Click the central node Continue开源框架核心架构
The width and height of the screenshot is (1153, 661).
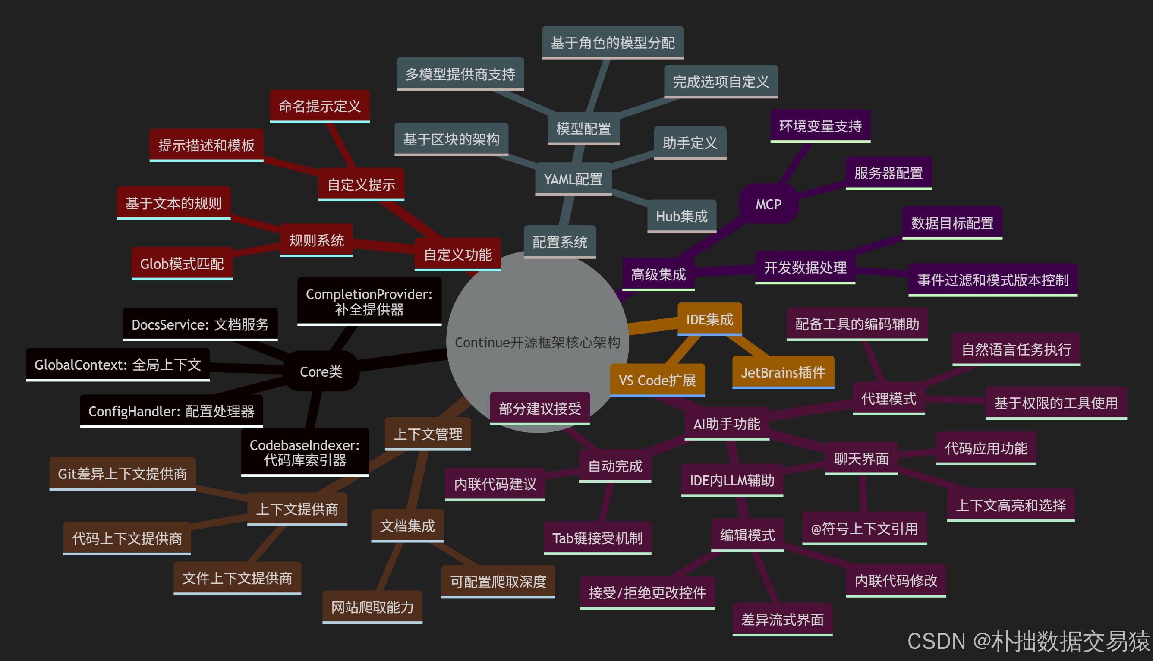click(x=538, y=342)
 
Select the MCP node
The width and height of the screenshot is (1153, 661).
click(x=768, y=204)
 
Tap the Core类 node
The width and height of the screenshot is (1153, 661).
click(x=321, y=371)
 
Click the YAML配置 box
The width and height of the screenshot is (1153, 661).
click(x=573, y=179)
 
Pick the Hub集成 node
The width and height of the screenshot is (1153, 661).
click(x=681, y=216)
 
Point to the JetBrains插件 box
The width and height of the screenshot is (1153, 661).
click(x=783, y=372)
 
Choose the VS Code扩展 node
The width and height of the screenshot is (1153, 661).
click(x=657, y=380)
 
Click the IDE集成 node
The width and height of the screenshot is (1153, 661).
click(x=709, y=319)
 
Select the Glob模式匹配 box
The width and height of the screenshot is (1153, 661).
click(x=182, y=263)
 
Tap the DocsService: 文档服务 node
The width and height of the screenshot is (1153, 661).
click(x=200, y=324)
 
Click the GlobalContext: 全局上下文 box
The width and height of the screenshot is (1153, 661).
click(x=117, y=364)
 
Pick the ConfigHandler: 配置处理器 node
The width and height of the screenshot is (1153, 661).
click(x=171, y=411)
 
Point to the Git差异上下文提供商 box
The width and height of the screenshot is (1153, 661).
click(x=122, y=473)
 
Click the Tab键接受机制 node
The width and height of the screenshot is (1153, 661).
click(x=597, y=538)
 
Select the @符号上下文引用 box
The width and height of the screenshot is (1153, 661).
click(x=864, y=529)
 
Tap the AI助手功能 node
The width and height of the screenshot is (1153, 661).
click(x=726, y=424)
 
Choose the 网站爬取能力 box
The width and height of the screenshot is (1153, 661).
click(x=372, y=607)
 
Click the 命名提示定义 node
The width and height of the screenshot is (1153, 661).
click(x=320, y=106)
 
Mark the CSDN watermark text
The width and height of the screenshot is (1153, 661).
click(x=1028, y=641)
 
